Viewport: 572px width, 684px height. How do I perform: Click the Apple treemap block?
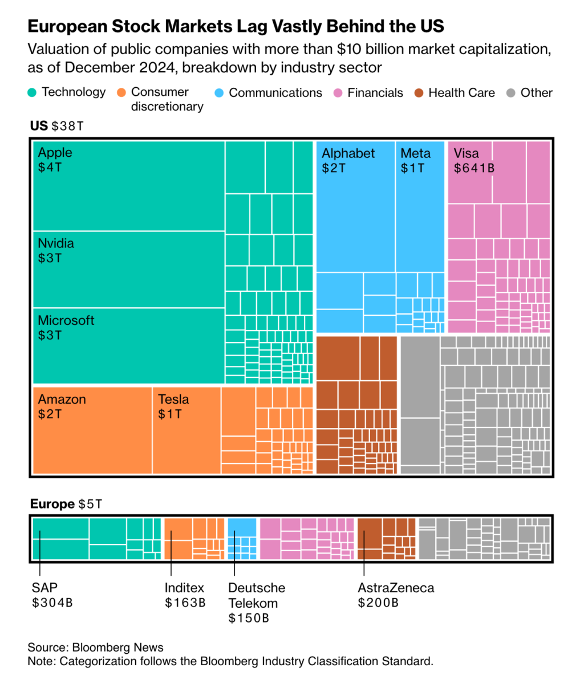pos(128,186)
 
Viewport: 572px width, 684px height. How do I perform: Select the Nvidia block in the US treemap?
pos(128,269)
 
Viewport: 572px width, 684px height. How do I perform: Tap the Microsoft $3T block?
pos(128,345)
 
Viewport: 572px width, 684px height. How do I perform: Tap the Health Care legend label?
pos(461,92)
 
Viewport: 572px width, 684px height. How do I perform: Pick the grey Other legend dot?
pos(510,92)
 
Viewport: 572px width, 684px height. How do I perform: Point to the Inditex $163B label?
pos(185,595)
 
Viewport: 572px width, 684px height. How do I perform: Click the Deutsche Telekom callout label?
pos(256,602)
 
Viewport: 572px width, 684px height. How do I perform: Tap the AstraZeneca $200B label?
pos(396,595)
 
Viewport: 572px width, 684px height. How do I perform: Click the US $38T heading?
pos(56,126)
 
